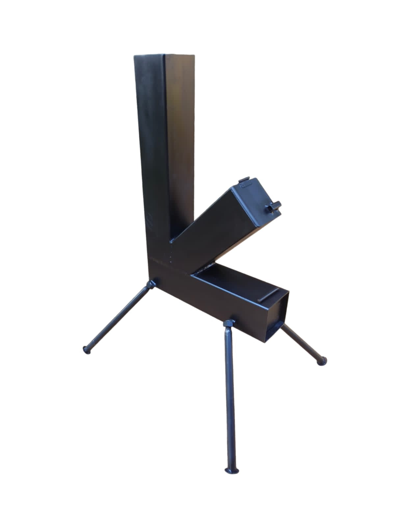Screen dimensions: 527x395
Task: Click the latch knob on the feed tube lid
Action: pos(274,207)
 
